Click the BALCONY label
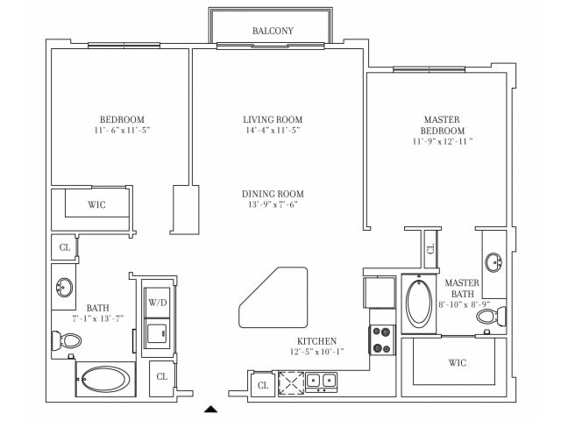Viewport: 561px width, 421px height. pyautogui.click(x=273, y=31)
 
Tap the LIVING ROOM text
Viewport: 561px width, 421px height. pyautogui.click(x=273, y=119)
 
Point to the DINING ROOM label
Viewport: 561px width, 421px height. pyautogui.click(x=273, y=194)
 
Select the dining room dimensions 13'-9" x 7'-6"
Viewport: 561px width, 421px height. pyautogui.click(x=273, y=206)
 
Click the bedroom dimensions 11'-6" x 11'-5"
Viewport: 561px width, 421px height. pyautogui.click(x=121, y=131)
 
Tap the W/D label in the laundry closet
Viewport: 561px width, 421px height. pyautogui.click(x=158, y=303)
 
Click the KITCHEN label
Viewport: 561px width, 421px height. pyautogui.click(x=316, y=341)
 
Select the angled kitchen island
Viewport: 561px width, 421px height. pyautogui.click(x=273, y=297)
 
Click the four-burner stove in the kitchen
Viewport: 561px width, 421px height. pyautogui.click(x=382, y=339)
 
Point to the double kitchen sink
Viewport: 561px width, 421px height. pyautogui.click(x=320, y=381)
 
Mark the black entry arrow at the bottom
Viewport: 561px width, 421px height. pyautogui.click(x=210, y=408)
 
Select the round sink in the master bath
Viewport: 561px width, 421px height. pyautogui.click(x=493, y=261)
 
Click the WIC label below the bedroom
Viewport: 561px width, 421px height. pyautogui.click(x=97, y=204)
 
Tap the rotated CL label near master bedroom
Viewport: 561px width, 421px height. pyautogui.click(x=430, y=248)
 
